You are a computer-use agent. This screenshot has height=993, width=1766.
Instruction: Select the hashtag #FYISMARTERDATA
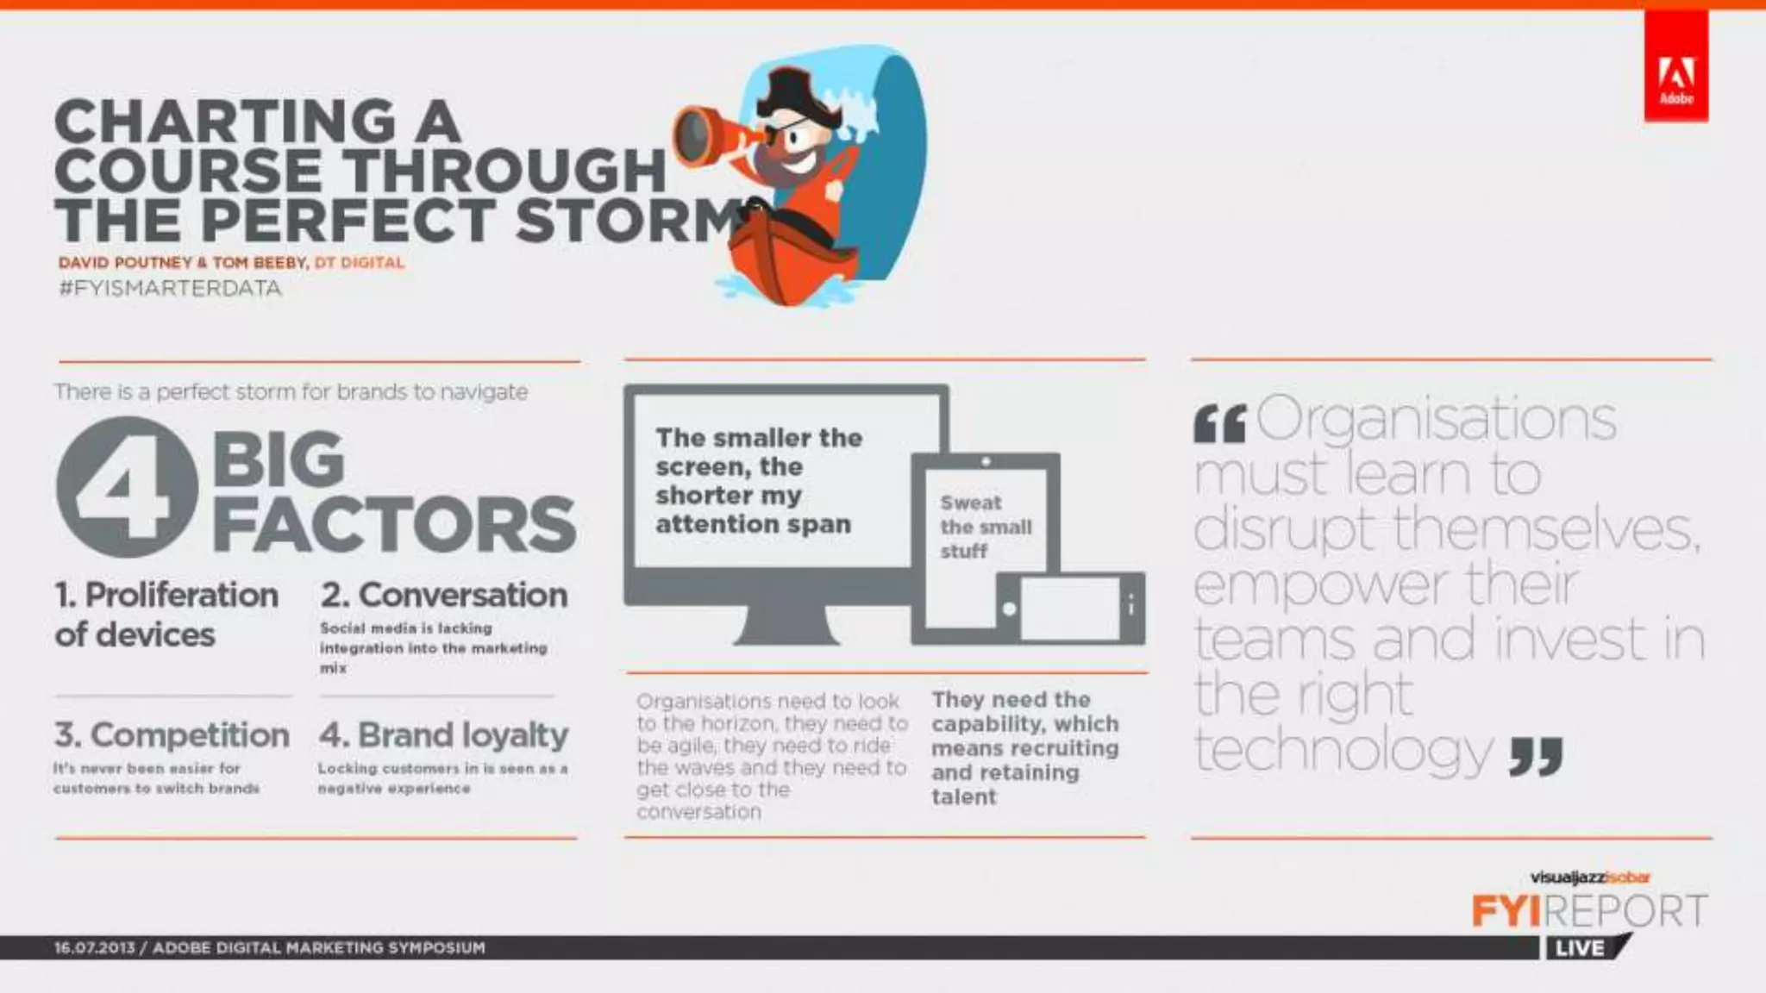coord(170,288)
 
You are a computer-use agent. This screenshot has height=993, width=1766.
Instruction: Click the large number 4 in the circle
coord(127,487)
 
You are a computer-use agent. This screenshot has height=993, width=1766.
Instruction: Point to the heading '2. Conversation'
coord(444,595)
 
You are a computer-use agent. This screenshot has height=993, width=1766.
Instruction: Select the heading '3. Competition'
coord(172,735)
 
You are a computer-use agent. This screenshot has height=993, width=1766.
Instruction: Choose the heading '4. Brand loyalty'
coord(444,735)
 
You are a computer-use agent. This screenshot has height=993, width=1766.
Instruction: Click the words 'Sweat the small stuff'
coord(985,527)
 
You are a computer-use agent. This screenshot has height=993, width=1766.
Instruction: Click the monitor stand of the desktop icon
coord(786,624)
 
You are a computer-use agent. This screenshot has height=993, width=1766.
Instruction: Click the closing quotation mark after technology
coord(1536,756)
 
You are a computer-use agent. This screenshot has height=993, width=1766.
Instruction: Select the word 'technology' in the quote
coord(1343,750)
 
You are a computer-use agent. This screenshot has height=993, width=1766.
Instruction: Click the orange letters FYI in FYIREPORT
coord(1505,911)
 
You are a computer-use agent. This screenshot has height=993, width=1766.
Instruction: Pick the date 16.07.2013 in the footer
coord(94,947)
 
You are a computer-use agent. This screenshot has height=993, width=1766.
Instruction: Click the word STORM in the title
coord(629,220)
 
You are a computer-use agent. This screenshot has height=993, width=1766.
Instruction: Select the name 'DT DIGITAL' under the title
coord(359,262)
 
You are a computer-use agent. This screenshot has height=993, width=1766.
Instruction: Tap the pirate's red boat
coord(780,259)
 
